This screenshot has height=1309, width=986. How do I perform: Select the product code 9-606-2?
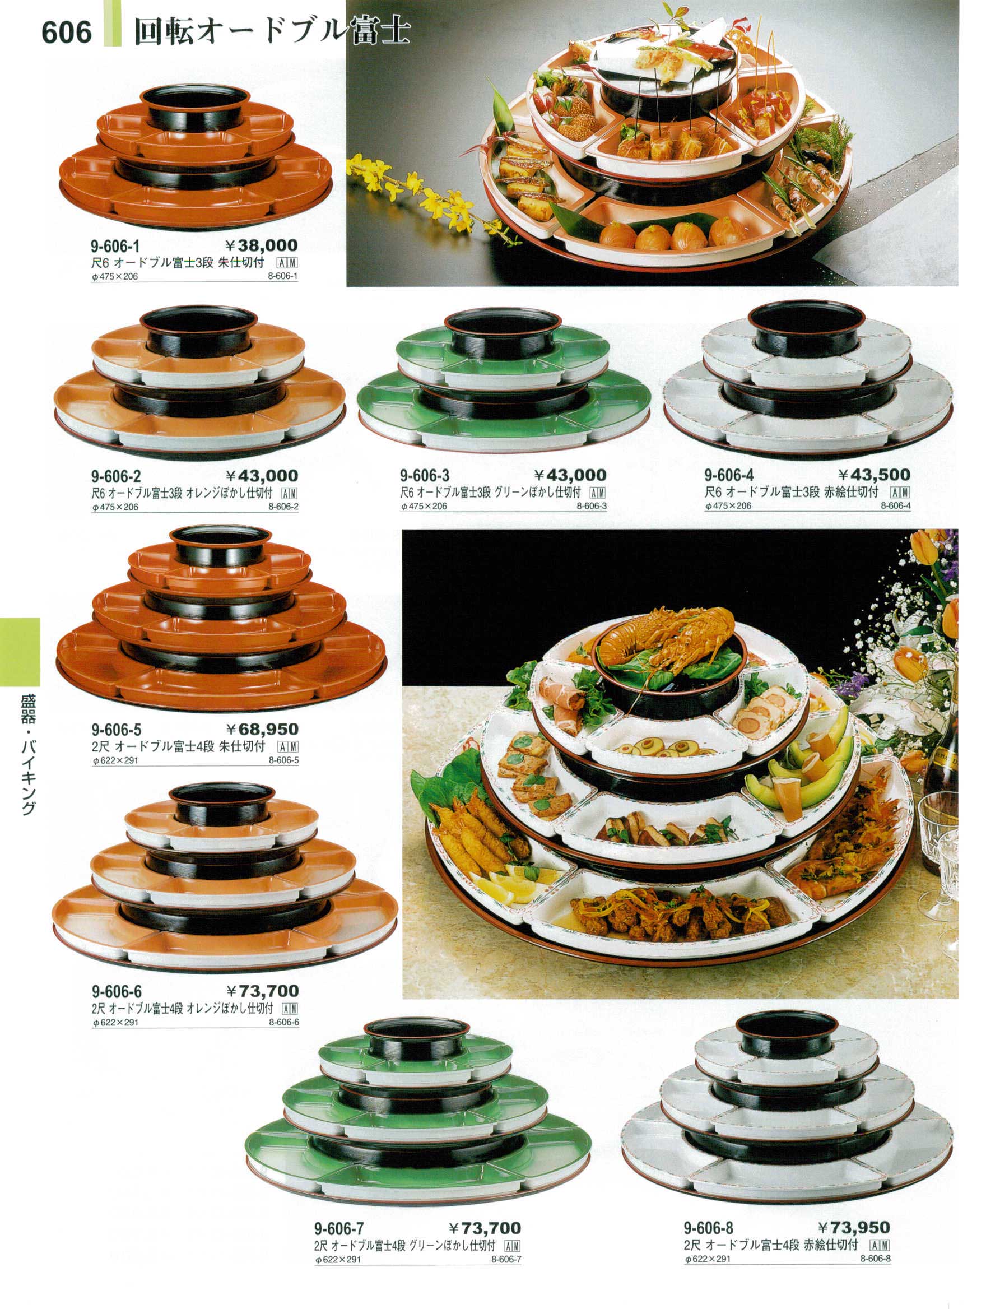(117, 476)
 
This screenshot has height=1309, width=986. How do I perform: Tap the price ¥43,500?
(874, 475)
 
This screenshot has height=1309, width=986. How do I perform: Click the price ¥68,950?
(263, 729)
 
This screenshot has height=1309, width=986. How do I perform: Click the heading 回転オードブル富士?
(272, 32)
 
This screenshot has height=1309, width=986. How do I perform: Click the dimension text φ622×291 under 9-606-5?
(115, 760)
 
